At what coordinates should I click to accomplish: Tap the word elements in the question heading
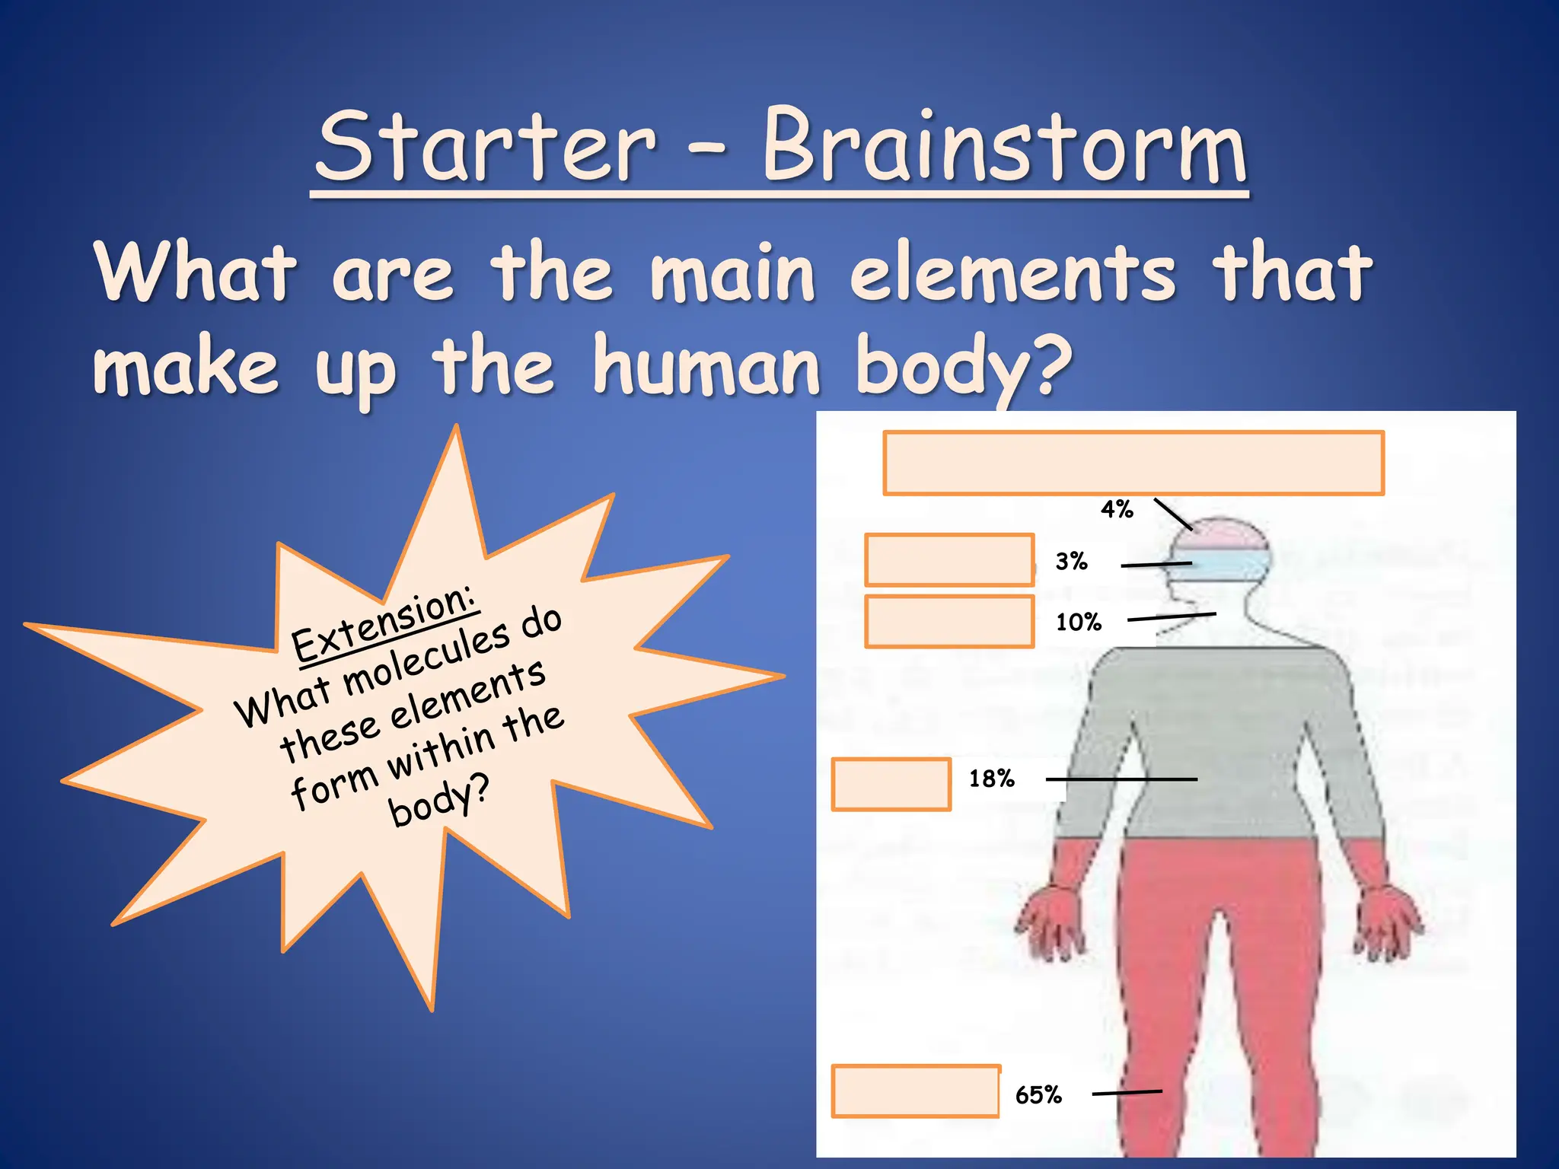pyautogui.click(x=1012, y=272)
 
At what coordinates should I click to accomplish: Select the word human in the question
pyautogui.click(x=706, y=367)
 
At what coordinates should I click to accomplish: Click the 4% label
pyautogui.click(x=1117, y=509)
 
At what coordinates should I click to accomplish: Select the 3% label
pyautogui.click(x=1071, y=562)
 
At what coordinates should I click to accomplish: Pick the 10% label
pyautogui.click(x=1078, y=623)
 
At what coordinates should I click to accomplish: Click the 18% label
pyautogui.click(x=991, y=779)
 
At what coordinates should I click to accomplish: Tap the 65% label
pyautogui.click(x=1038, y=1095)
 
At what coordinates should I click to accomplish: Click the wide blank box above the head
pyautogui.click(x=1133, y=463)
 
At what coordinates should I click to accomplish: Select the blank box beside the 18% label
pyautogui.click(x=891, y=784)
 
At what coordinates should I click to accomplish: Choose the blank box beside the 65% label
pyautogui.click(x=915, y=1091)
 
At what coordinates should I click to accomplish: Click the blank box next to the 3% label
pyautogui.click(x=948, y=560)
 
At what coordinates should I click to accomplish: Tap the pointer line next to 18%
pyautogui.click(x=1121, y=779)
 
